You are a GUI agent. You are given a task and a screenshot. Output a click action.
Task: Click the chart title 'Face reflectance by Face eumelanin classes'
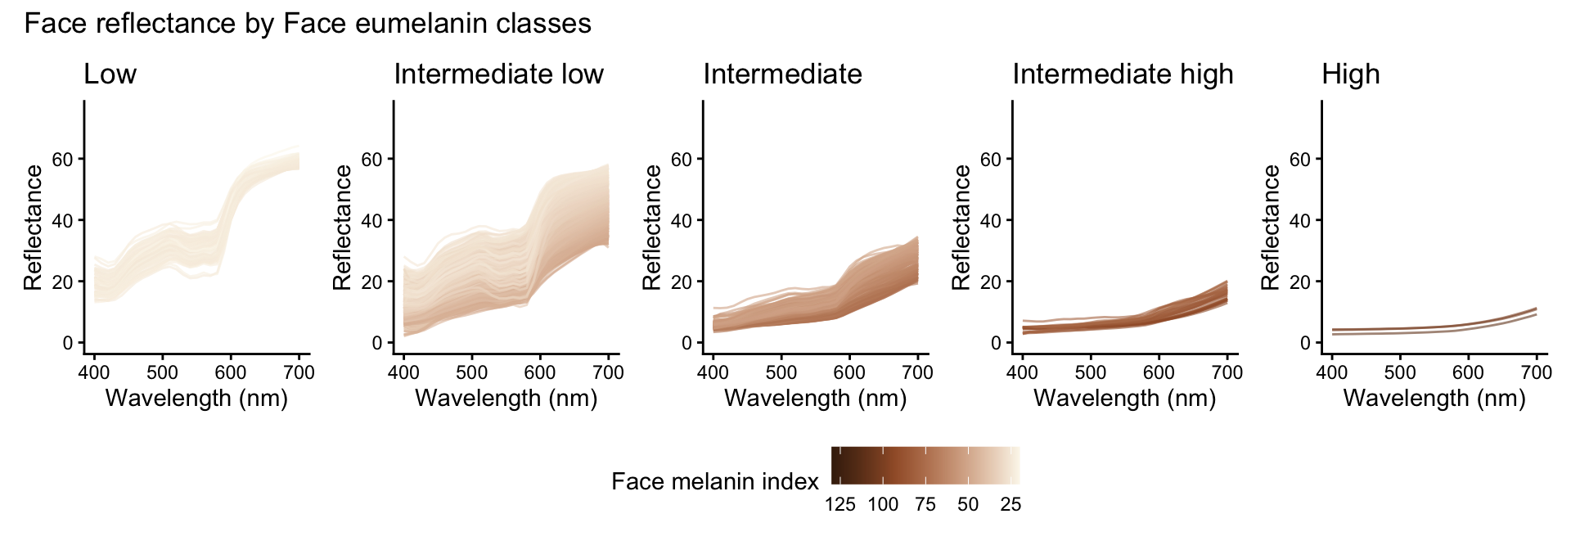click(x=308, y=24)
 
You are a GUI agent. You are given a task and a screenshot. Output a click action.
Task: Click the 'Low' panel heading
click(x=110, y=74)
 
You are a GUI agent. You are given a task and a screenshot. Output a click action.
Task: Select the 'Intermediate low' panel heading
click(x=498, y=74)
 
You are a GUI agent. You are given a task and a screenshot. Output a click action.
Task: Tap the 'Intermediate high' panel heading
click(x=1123, y=74)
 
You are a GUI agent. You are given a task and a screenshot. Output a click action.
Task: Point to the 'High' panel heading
click(x=1350, y=74)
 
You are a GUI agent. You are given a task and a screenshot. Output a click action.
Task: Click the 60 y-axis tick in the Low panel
click(x=62, y=159)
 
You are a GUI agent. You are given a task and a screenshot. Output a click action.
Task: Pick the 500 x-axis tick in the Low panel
click(x=162, y=372)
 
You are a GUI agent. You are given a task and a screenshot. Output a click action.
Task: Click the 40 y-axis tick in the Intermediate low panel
click(x=371, y=220)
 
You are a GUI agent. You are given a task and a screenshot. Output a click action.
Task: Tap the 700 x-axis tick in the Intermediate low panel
click(x=607, y=372)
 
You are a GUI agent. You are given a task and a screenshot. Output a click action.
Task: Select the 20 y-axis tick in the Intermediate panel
click(x=681, y=282)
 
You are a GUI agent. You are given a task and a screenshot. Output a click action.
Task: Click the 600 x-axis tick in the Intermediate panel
click(x=849, y=372)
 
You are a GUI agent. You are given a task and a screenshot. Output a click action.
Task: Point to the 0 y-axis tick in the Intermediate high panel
click(x=996, y=343)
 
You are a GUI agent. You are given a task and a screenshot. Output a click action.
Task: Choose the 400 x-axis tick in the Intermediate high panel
click(x=1022, y=372)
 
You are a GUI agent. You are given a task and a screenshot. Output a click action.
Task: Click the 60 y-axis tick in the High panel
click(x=1300, y=159)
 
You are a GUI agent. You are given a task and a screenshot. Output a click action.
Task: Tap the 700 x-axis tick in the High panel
click(x=1536, y=372)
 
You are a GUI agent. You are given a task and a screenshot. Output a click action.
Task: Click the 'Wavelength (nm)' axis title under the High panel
click(x=1434, y=399)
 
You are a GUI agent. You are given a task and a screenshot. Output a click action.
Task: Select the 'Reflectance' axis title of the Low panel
click(x=33, y=228)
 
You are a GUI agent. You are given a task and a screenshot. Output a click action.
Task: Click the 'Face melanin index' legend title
click(x=714, y=481)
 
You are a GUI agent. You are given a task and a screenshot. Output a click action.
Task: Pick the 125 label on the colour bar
click(x=840, y=504)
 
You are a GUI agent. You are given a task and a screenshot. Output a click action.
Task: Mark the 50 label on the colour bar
click(x=968, y=504)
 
